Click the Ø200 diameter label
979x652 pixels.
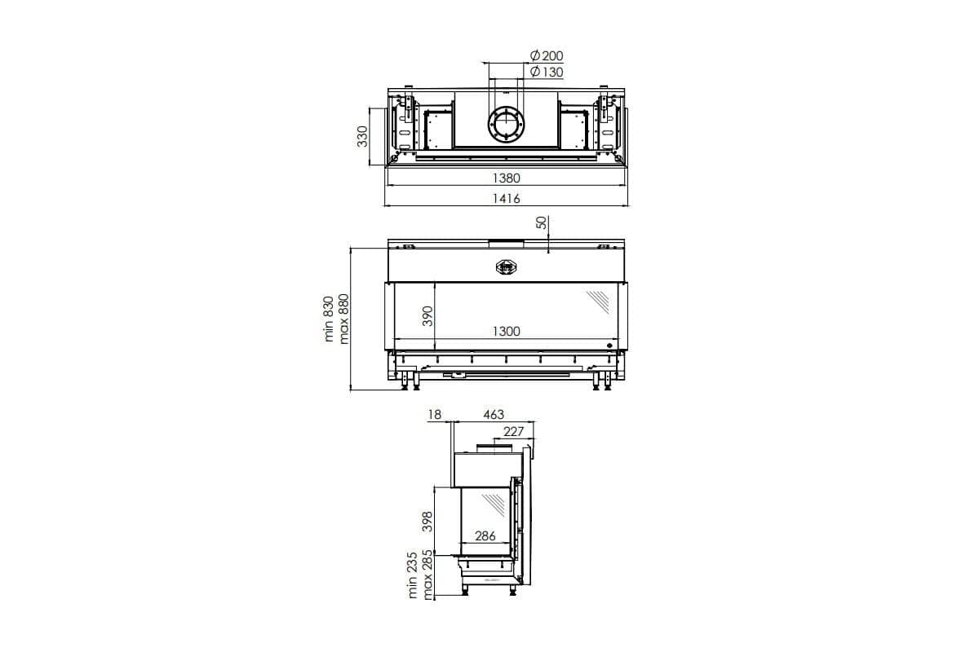[x=547, y=55]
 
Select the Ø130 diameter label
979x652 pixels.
[x=547, y=72]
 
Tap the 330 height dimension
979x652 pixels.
[x=363, y=136]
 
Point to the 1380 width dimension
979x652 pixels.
[x=507, y=178]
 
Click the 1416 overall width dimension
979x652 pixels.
[x=507, y=199]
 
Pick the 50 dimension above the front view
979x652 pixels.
[x=541, y=222]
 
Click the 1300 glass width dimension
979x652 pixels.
[x=507, y=331]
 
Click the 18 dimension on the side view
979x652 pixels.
[x=434, y=415]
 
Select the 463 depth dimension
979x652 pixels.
[x=494, y=415]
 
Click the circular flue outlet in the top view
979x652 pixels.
[x=507, y=125]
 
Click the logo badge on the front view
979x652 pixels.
[x=507, y=267]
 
